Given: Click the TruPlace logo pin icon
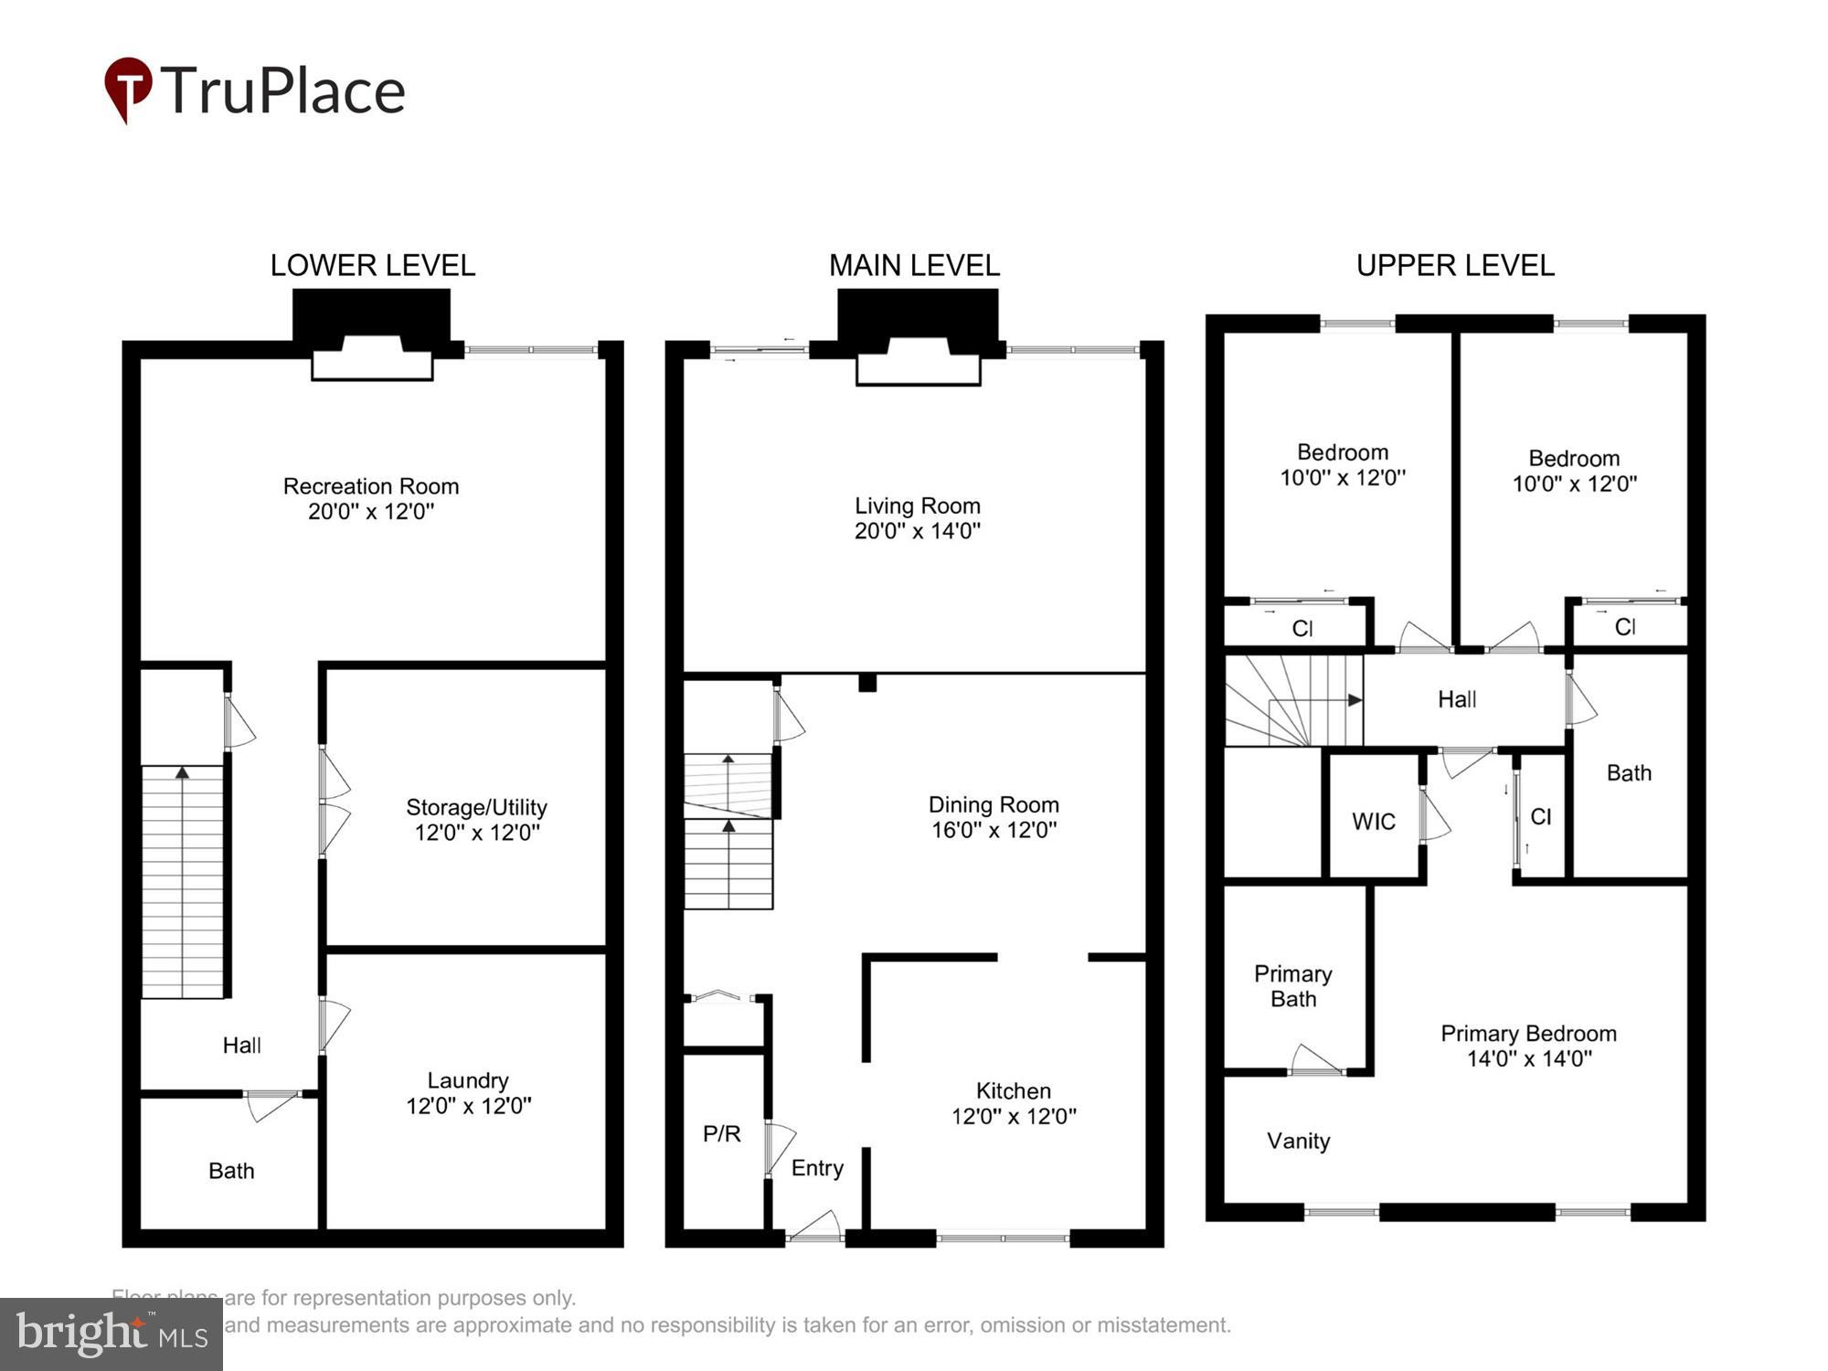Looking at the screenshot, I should pos(127,88).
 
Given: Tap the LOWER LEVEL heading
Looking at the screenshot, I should pos(372,265).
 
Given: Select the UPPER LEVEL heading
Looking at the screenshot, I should pos(1454,265).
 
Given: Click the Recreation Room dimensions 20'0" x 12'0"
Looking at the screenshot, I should pos(370,512).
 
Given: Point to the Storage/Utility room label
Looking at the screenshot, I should pos(476,807).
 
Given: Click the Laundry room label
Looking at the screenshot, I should pos(468,1080).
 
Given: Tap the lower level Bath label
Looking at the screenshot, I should pos(231,1171).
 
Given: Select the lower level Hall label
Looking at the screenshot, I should pos(241,1046).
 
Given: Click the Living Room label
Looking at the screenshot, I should pos(917,505).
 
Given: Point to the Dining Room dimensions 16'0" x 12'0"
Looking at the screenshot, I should pos(994,830).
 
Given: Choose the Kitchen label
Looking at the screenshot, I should pos(1013,1090).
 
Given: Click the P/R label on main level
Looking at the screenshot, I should pos(721,1134).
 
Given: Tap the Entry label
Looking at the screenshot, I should pos(817,1168).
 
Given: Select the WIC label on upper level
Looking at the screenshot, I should pos(1373,822).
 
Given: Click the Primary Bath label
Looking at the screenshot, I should pos(1292,986).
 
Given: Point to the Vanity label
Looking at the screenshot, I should pos(1298,1141).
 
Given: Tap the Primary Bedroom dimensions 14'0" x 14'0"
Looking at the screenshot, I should pos(1528,1059).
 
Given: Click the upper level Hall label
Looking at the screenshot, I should pos(1456,699).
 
